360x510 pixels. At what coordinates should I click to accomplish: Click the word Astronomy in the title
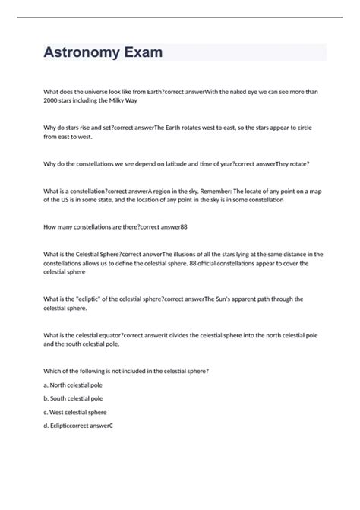83,52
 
